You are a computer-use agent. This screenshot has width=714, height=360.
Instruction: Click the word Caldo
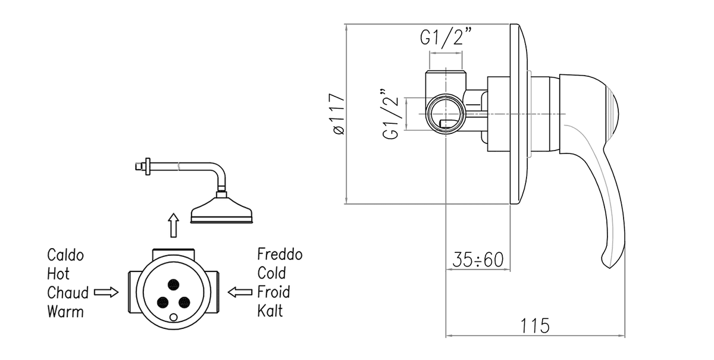[x=65, y=256]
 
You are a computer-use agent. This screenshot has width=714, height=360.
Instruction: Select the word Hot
[x=58, y=274]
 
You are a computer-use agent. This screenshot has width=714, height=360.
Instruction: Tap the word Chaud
[x=68, y=293]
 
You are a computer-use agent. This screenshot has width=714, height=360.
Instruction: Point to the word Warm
[x=65, y=311]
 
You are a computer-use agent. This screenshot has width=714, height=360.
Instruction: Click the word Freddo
[x=280, y=255]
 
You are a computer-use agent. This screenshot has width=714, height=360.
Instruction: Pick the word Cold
[x=271, y=273]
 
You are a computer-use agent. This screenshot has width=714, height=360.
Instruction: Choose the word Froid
[x=274, y=292]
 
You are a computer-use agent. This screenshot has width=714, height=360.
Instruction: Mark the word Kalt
[x=270, y=311]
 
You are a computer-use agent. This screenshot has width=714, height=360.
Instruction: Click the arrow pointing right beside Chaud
[x=107, y=292]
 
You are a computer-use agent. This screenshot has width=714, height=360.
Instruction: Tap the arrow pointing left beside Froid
[x=240, y=292]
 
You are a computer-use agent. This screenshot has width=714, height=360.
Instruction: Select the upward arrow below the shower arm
[x=173, y=226]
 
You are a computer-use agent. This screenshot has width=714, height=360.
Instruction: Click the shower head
[x=222, y=212]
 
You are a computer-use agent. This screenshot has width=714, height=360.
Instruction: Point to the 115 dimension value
[x=535, y=325]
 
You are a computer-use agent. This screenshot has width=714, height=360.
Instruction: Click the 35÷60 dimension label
[x=478, y=260]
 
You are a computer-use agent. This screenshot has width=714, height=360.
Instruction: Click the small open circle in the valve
[x=173, y=317]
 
